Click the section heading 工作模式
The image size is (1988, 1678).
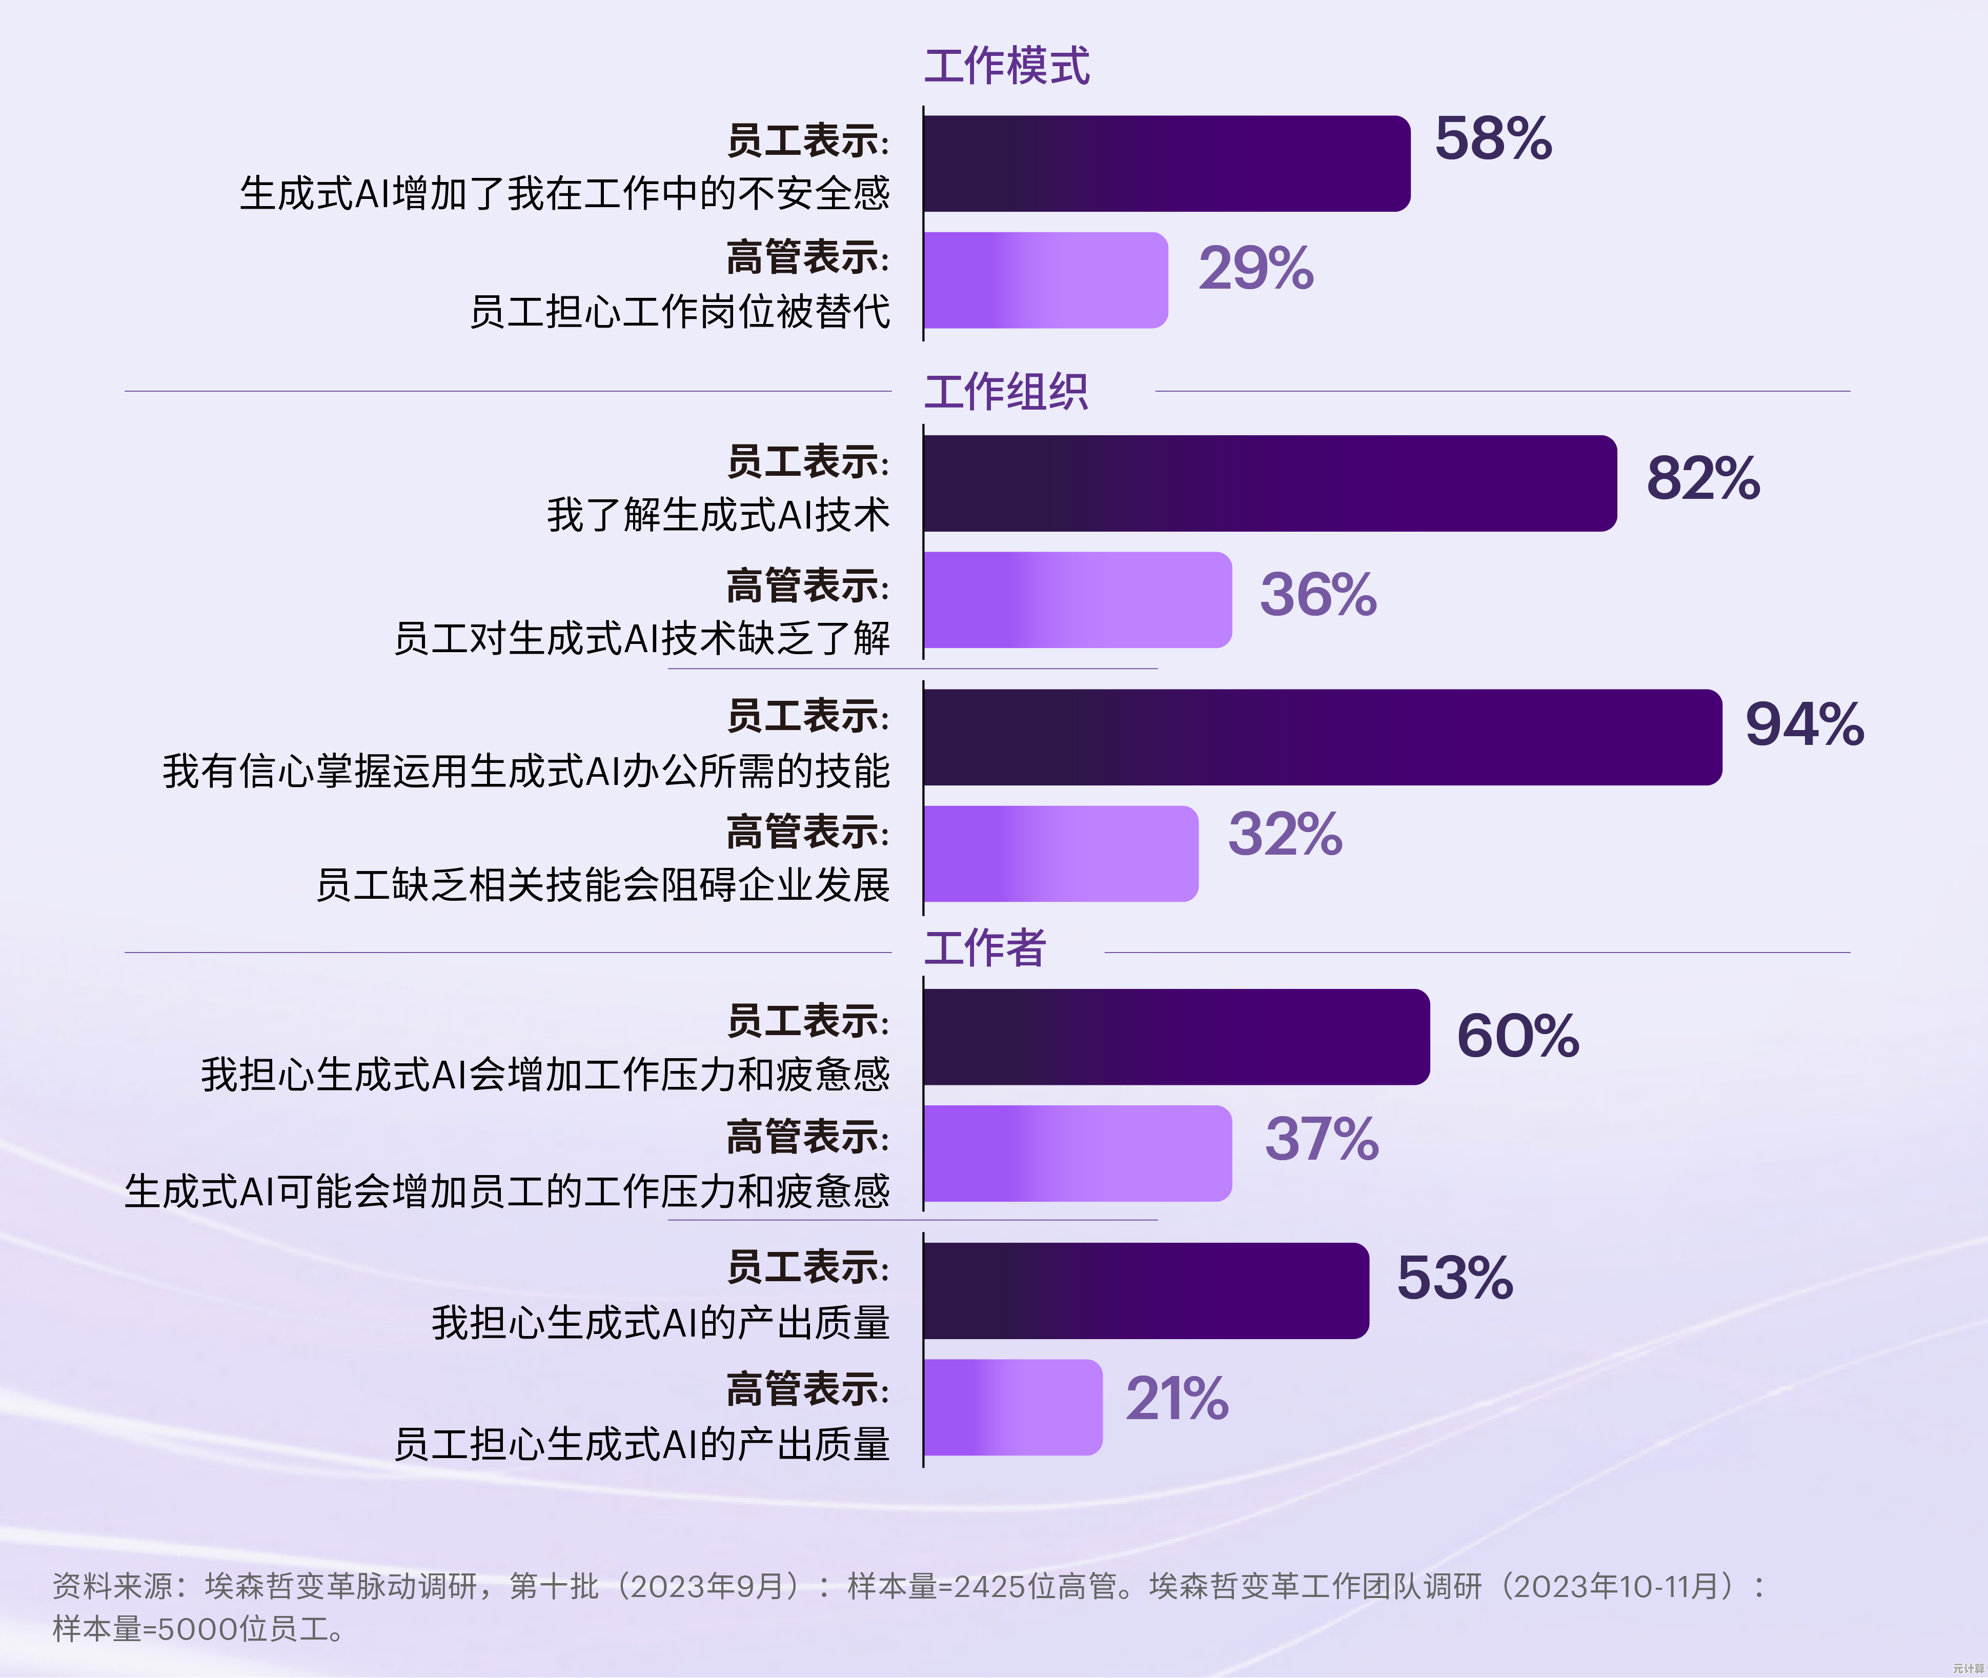coord(1006,67)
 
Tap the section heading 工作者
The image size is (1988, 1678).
coord(984,948)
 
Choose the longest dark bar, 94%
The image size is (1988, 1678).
coord(1322,737)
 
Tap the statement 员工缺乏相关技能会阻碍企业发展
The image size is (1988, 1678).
coord(603,885)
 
